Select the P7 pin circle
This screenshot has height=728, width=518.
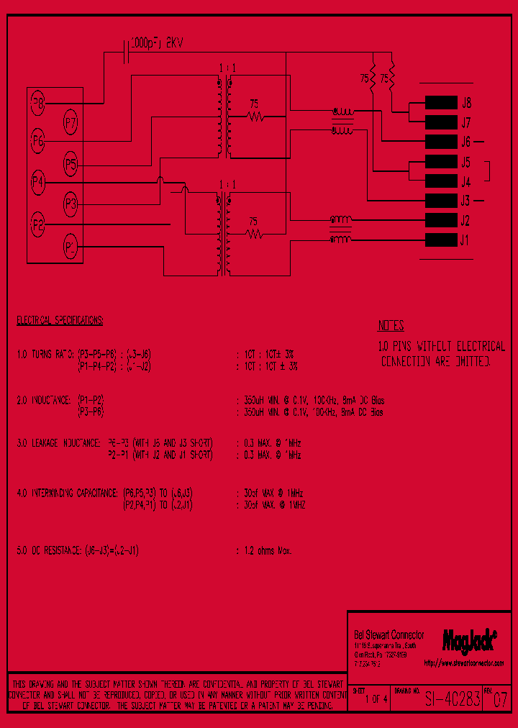coord(71,123)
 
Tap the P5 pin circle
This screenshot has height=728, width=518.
coord(71,165)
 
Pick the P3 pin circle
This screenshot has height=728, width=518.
coord(71,204)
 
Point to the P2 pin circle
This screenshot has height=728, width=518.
coord(37,226)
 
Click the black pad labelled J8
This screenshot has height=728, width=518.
coord(440,102)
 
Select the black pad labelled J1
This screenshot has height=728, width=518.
coord(440,240)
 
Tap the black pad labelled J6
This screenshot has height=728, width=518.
coord(440,142)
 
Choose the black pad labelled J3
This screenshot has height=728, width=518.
coord(440,201)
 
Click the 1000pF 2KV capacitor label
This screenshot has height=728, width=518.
coord(157,44)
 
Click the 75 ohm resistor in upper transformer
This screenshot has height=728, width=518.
coord(253,115)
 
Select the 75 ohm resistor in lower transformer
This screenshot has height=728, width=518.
coord(253,233)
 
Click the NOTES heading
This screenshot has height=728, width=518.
coord(391,325)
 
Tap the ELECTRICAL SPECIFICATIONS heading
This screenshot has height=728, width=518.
coord(60,319)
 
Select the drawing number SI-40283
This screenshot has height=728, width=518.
coord(452,699)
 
